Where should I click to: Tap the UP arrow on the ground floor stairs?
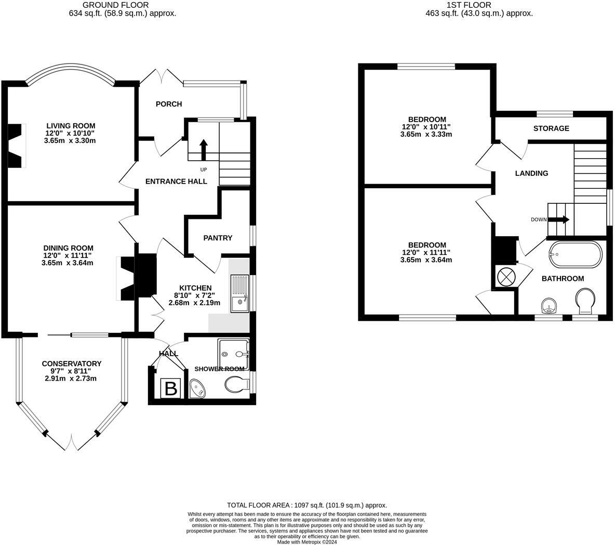203,150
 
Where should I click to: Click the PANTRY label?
218,238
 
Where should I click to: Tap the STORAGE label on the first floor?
551,128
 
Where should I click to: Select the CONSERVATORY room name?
72,364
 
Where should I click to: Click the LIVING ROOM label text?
71,126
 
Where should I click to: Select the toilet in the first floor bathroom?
585,302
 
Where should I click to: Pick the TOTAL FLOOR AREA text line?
307,505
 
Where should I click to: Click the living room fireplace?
17,146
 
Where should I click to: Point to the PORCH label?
169,104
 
